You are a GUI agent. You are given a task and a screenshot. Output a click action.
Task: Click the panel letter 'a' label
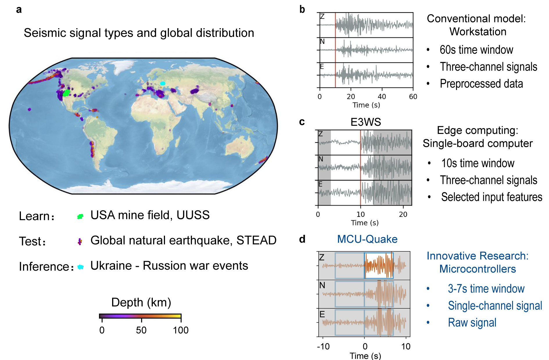tap(19, 10)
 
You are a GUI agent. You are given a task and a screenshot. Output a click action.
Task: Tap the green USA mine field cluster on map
tap(67, 93)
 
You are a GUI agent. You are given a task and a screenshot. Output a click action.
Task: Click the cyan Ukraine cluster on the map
tap(163, 83)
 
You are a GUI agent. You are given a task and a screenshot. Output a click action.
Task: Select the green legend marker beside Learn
tap(80, 216)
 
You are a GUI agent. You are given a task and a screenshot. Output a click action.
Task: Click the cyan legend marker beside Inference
tap(80, 267)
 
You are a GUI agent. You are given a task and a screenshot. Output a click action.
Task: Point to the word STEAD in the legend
tap(256, 240)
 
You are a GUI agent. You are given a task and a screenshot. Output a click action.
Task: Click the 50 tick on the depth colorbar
tap(141, 330)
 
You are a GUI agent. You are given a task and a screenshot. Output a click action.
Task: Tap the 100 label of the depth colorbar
tap(181, 330)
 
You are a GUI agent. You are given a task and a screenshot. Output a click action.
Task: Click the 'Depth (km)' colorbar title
tap(141, 302)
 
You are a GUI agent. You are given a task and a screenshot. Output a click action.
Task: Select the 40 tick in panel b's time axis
tap(382, 97)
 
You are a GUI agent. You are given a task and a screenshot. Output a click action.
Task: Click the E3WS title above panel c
tap(365, 122)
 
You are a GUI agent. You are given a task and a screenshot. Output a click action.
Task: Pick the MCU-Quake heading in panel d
tap(367, 239)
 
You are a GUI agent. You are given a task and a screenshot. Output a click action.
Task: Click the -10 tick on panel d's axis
tap(323, 346)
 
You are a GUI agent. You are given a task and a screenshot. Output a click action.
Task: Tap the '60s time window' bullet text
tap(476, 50)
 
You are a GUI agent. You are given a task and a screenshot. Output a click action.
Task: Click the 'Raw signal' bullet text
tap(472, 323)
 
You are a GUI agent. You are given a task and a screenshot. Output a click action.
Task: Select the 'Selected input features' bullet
tap(491, 197)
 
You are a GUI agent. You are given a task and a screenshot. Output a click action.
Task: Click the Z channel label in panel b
tap(322, 17)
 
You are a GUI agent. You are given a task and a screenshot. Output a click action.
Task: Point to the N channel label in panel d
tap(322, 285)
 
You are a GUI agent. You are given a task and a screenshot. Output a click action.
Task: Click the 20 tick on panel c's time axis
tap(403, 215)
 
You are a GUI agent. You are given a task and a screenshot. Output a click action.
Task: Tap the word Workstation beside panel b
tap(478, 32)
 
